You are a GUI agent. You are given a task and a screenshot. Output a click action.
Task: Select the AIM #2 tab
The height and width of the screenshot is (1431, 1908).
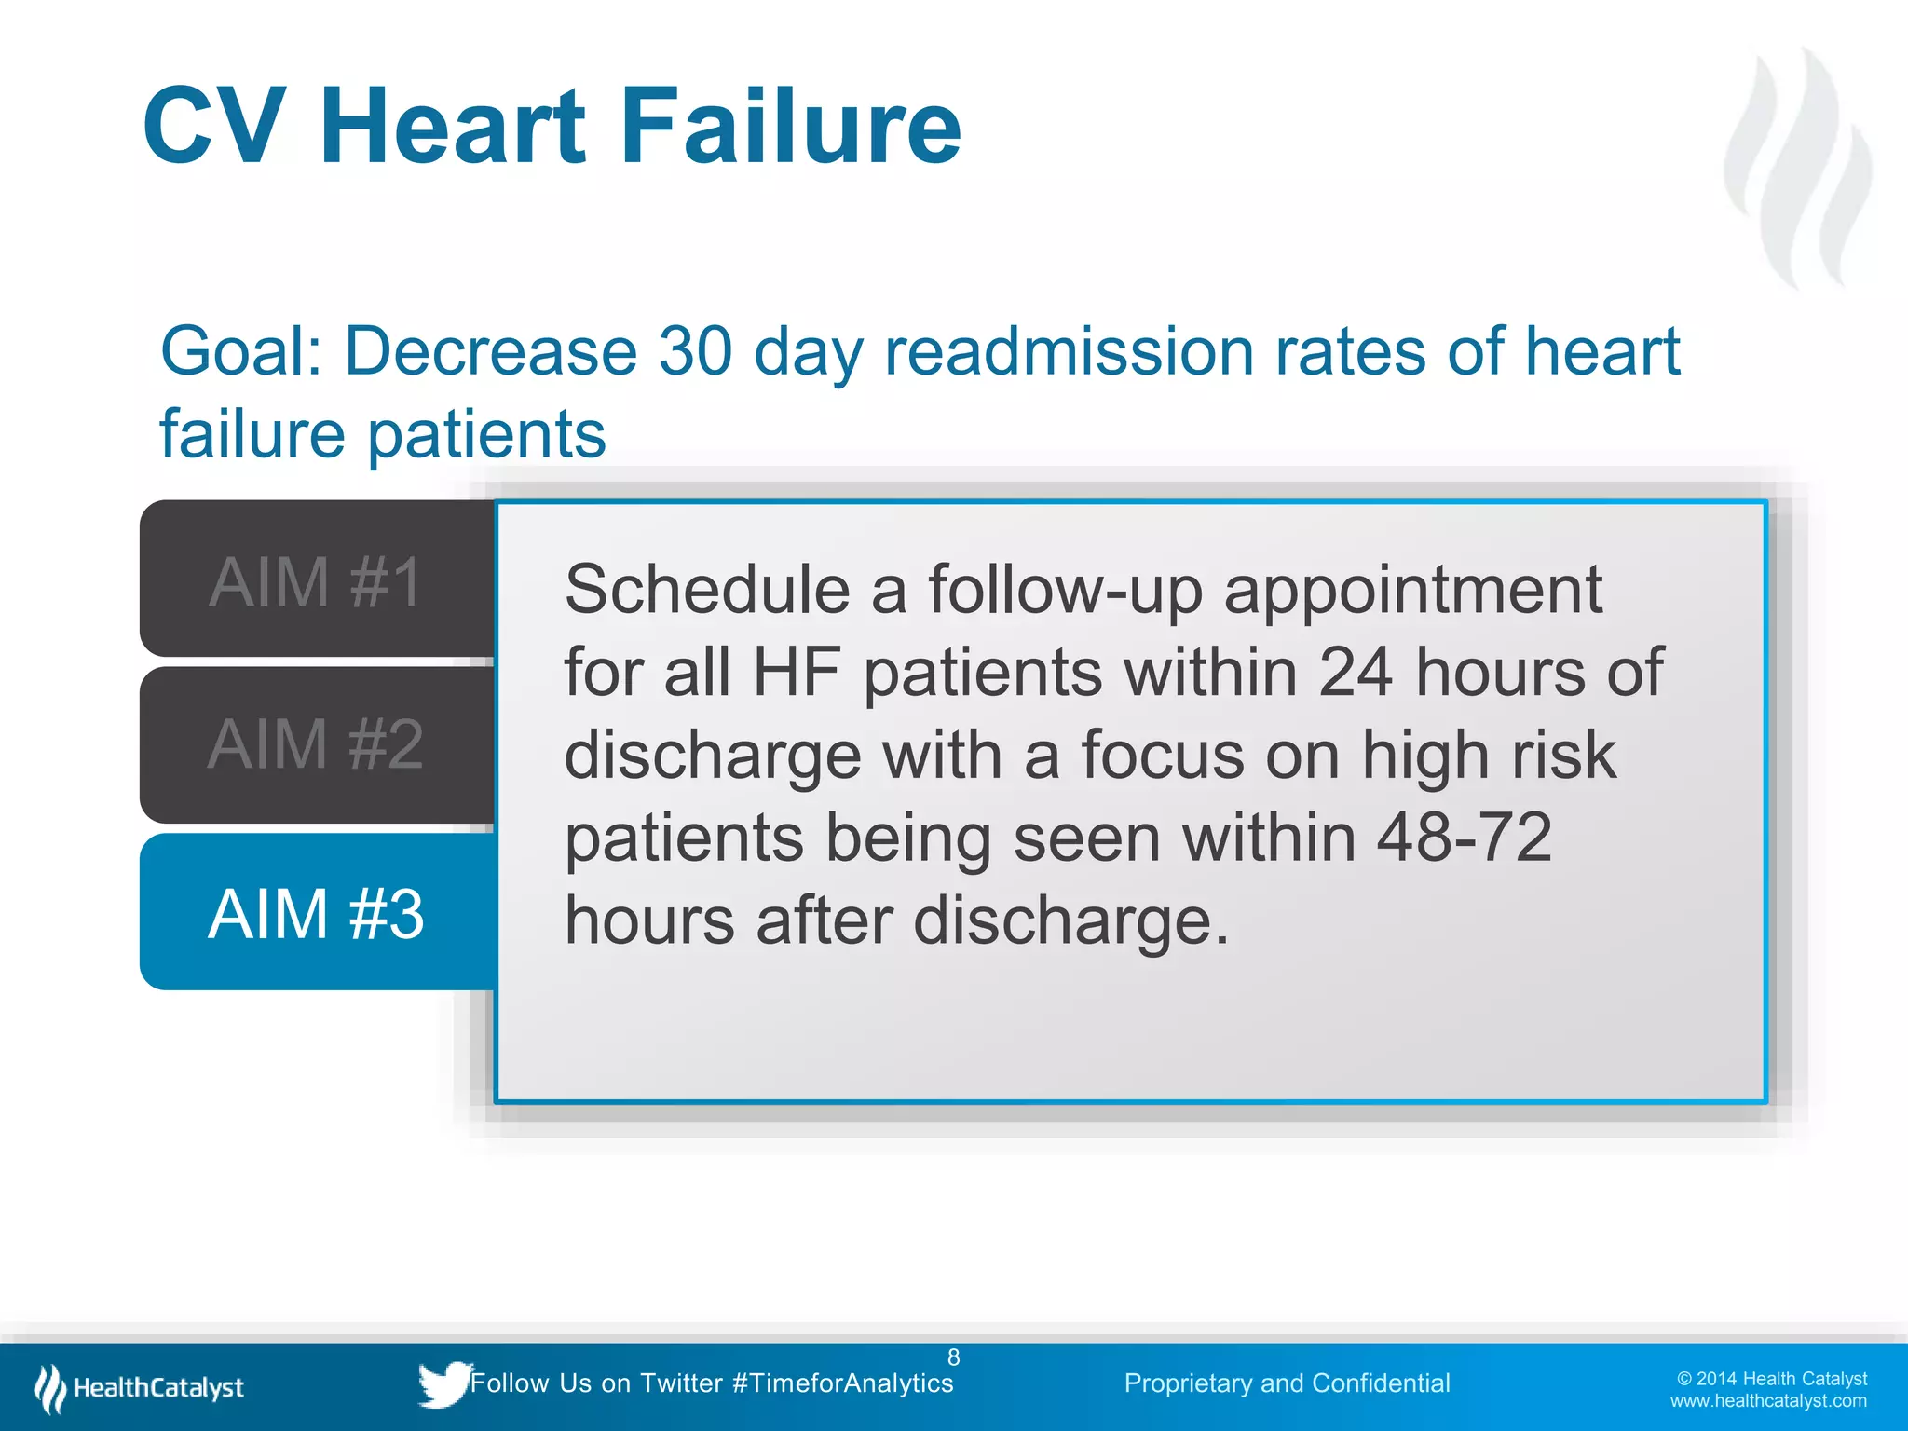tap(316, 743)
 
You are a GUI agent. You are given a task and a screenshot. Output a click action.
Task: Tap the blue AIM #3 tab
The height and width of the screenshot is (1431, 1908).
tap(316, 913)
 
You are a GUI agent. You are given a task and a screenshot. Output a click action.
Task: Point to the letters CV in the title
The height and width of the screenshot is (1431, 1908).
tap(214, 126)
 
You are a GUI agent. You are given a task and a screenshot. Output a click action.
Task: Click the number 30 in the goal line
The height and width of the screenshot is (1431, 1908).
tap(695, 351)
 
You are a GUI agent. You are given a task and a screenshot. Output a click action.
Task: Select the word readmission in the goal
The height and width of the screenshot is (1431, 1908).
tap(1069, 351)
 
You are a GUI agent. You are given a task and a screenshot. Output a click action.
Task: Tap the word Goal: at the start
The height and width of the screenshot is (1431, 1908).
tap(241, 351)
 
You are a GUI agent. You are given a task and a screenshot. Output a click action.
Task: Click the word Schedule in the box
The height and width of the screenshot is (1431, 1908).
tap(707, 590)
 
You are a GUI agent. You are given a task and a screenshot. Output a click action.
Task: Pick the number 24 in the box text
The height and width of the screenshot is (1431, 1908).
tap(1356, 672)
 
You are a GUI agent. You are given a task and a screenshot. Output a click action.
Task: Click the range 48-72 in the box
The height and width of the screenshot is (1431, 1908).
tap(1465, 837)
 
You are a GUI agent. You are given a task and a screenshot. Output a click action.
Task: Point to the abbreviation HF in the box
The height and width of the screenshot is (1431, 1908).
tap(797, 672)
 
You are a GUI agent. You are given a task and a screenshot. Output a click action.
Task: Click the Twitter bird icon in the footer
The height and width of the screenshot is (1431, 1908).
tap(443, 1383)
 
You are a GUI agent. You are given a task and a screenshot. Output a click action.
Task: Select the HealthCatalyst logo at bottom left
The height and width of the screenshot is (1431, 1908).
tap(140, 1387)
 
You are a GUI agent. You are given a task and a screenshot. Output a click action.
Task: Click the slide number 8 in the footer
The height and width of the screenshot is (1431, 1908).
tap(953, 1357)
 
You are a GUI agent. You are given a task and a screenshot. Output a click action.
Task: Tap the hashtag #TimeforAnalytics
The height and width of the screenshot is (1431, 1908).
tap(843, 1383)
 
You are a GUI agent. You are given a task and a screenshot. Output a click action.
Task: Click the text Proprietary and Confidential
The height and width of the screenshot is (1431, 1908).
tap(1287, 1383)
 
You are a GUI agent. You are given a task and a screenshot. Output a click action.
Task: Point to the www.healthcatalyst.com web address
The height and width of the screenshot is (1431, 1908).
tap(1767, 1401)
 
